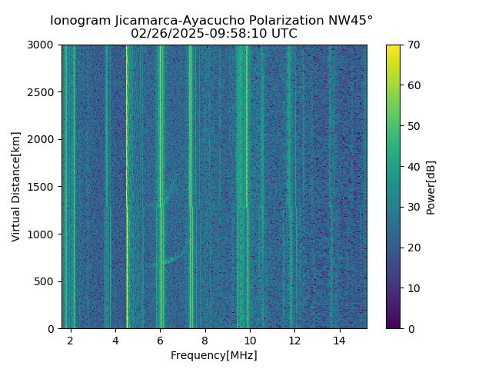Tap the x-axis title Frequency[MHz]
pos(214,355)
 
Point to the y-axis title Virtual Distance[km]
pos(16,186)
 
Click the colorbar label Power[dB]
pos(431,186)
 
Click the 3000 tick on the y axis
pos(44,45)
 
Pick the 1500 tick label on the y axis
pos(44,187)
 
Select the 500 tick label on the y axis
pos(47,281)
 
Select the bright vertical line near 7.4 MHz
pos(191,154)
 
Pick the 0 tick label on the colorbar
pos(410,328)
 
